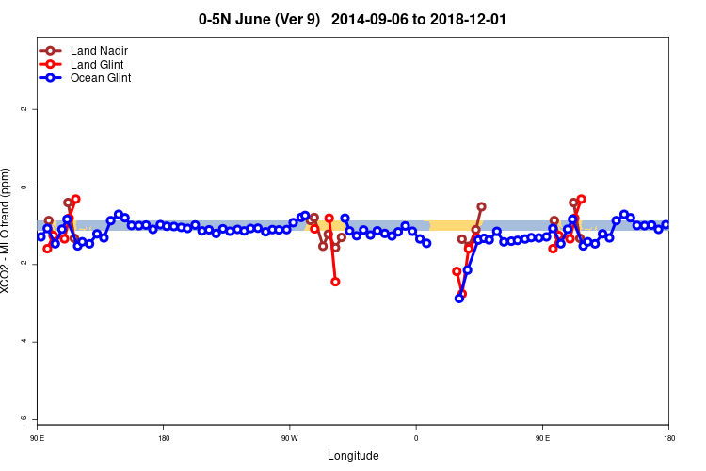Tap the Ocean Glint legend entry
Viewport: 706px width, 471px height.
tap(101, 78)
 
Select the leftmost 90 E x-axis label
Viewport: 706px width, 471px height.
tap(37, 438)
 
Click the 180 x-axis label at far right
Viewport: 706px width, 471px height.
tap(668, 438)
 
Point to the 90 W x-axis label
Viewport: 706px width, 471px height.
tap(289, 438)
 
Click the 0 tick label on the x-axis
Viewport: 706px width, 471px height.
tap(416, 438)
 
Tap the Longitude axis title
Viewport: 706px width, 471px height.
tap(353, 456)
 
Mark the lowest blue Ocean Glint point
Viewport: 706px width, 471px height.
tap(459, 298)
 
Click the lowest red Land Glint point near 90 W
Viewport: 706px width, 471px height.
tap(335, 282)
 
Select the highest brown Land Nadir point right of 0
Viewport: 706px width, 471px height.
tap(481, 206)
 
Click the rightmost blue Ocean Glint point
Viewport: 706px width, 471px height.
tap(666, 224)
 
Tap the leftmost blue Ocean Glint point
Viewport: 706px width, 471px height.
tap(40, 236)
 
